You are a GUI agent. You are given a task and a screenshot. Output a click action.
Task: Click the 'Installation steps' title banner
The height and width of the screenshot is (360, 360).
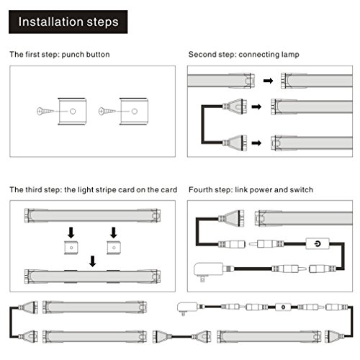[68, 22]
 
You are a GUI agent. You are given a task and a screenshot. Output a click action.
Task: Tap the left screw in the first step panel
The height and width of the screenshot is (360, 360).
[45, 111]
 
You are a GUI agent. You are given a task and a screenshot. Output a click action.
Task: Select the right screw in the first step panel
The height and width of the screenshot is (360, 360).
[107, 111]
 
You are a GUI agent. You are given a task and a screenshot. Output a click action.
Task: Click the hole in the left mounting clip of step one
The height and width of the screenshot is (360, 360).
[73, 111]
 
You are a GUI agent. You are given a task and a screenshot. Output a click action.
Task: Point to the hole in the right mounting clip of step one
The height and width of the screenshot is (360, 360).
[135, 111]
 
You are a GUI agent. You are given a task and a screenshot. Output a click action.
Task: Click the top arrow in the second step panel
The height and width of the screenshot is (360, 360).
[269, 81]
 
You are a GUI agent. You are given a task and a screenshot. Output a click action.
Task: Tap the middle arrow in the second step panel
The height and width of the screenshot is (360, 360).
[256, 107]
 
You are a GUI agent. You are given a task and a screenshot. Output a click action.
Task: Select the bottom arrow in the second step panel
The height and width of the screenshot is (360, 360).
[256, 143]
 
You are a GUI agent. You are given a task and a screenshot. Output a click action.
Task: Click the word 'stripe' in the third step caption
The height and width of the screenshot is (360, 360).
[106, 190]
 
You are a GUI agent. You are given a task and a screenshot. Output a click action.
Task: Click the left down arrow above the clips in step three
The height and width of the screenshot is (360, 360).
[71, 233]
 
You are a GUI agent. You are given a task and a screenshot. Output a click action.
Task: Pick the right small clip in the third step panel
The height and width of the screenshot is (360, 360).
[114, 248]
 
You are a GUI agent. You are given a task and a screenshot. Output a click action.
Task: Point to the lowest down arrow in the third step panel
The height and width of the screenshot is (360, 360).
[93, 261]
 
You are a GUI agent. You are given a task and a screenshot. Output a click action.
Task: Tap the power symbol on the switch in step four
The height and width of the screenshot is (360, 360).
[318, 244]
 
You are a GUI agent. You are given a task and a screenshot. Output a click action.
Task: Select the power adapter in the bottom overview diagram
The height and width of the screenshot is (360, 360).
[187, 308]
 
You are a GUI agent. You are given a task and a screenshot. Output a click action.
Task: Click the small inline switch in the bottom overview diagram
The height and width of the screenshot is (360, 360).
[283, 307]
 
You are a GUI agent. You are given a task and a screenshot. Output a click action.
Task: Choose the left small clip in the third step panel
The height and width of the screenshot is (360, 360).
[71, 248]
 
